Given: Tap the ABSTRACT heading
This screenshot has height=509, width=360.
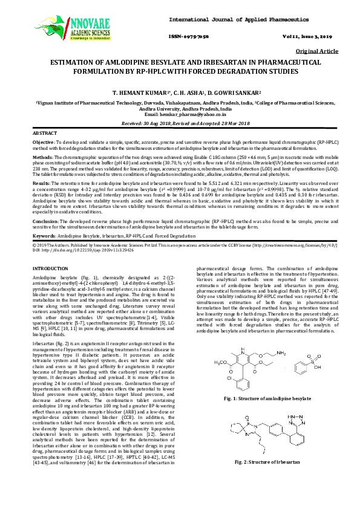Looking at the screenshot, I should [x=44, y=132].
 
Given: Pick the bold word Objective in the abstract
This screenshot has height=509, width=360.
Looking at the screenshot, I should [x=44, y=141].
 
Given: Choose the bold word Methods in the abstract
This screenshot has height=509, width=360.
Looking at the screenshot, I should [x=43, y=155].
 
